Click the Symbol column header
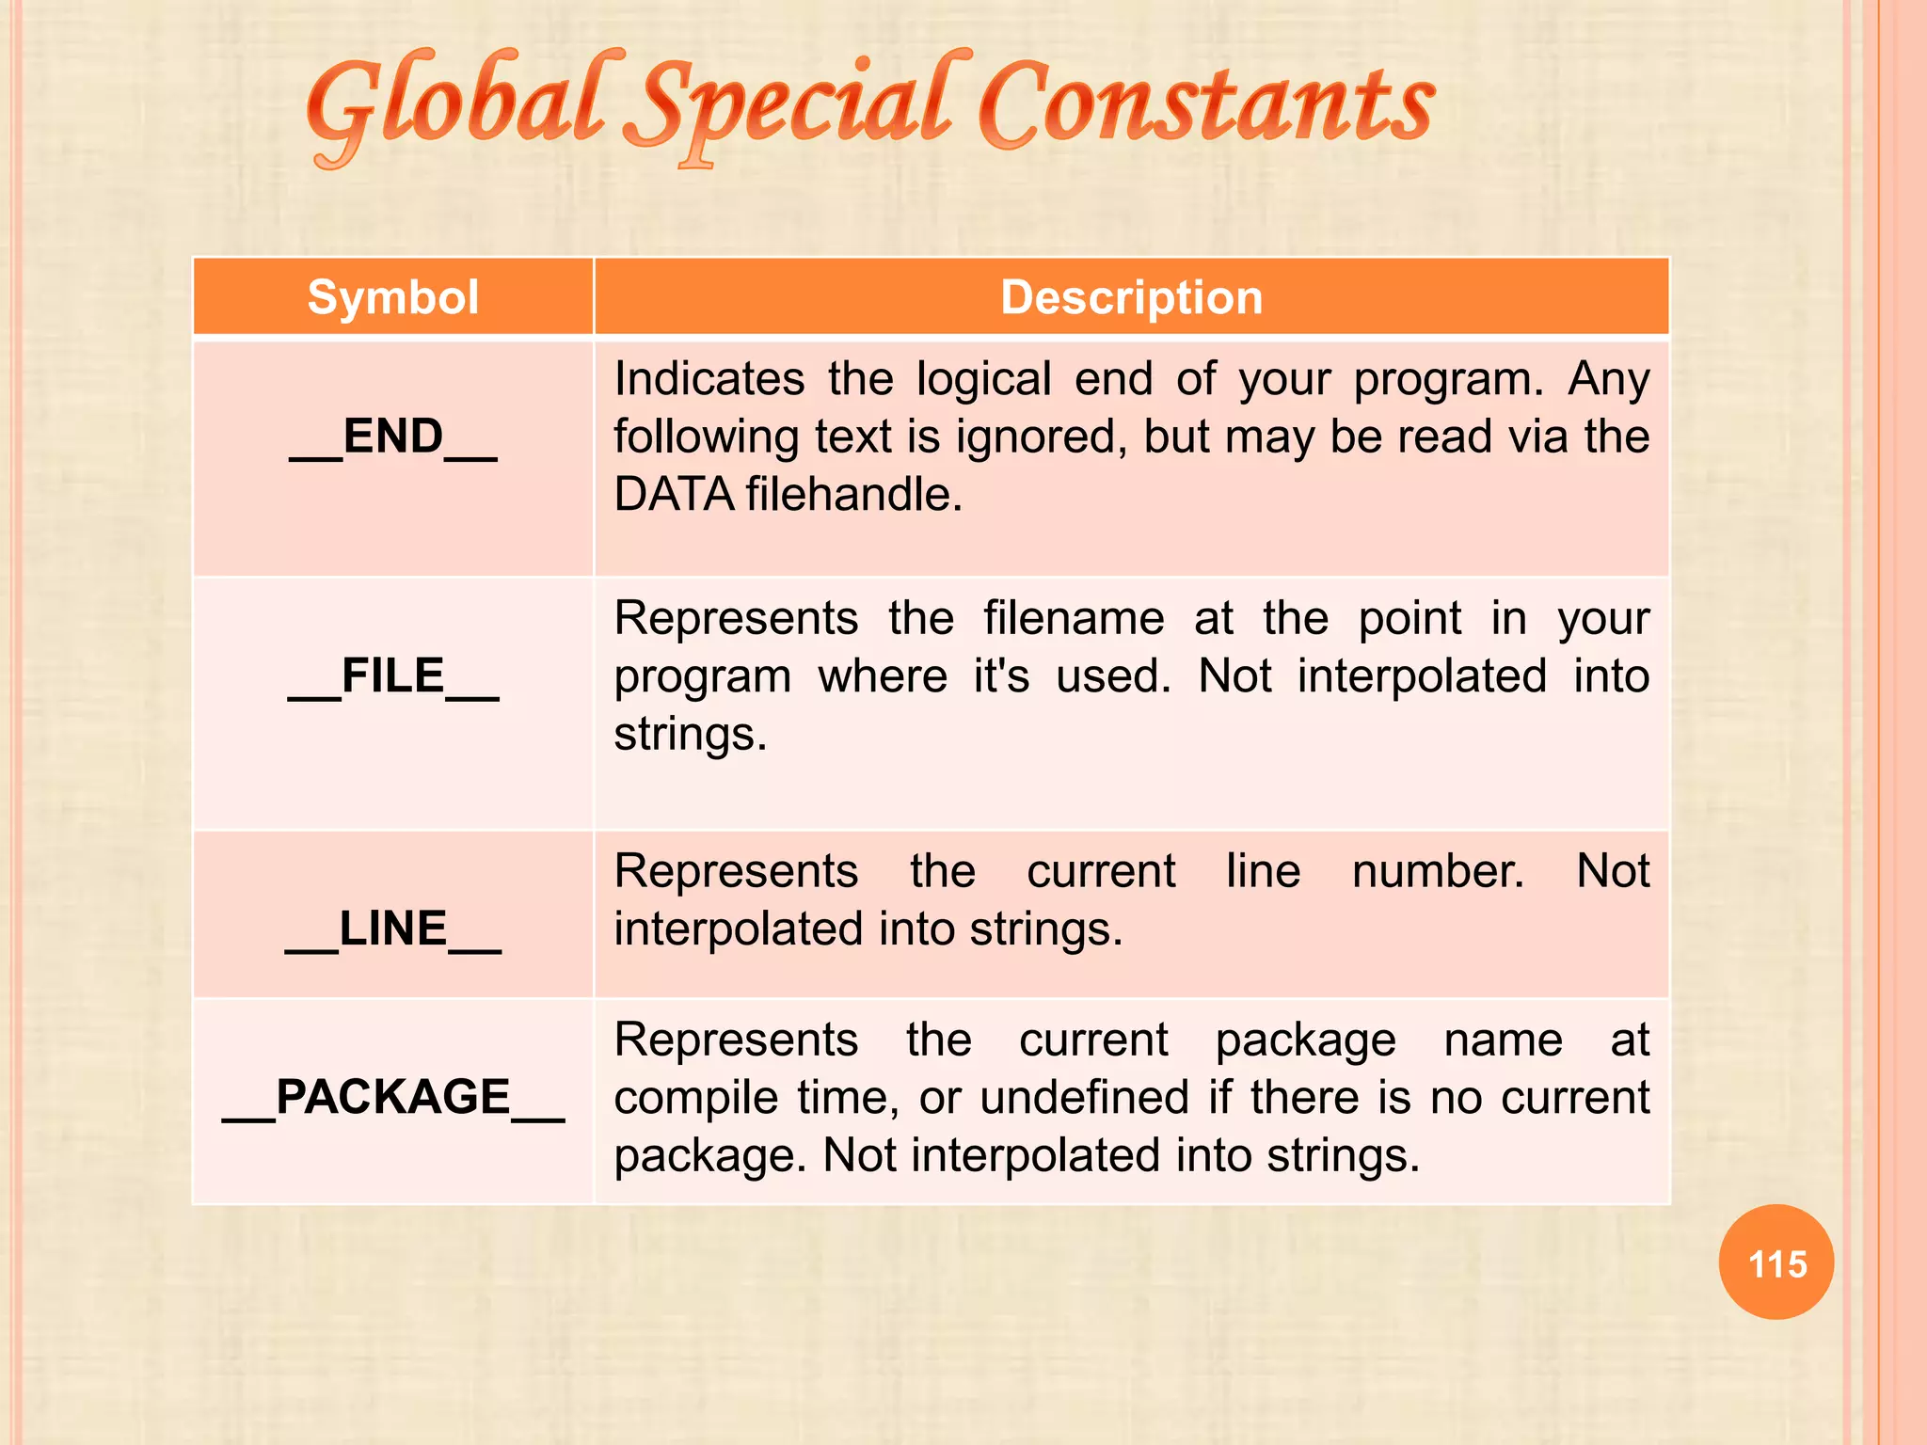pyautogui.click(x=393, y=297)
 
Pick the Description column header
pyautogui.click(x=1131, y=297)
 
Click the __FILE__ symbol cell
pyautogui.click(x=393, y=676)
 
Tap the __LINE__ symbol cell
pyautogui.click(x=393, y=929)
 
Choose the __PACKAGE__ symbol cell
pyautogui.click(x=393, y=1098)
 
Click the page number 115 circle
pyautogui.click(x=1776, y=1262)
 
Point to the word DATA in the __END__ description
pyautogui.click(x=674, y=495)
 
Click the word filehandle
pyautogui.click(x=854, y=495)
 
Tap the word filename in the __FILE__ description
pyautogui.click(x=1074, y=619)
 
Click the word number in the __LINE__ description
pyautogui.click(x=1438, y=871)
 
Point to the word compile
pyautogui.click(x=696, y=1098)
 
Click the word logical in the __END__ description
pyautogui.click(x=983, y=379)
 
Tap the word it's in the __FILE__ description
pyautogui.click(x=1001, y=676)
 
